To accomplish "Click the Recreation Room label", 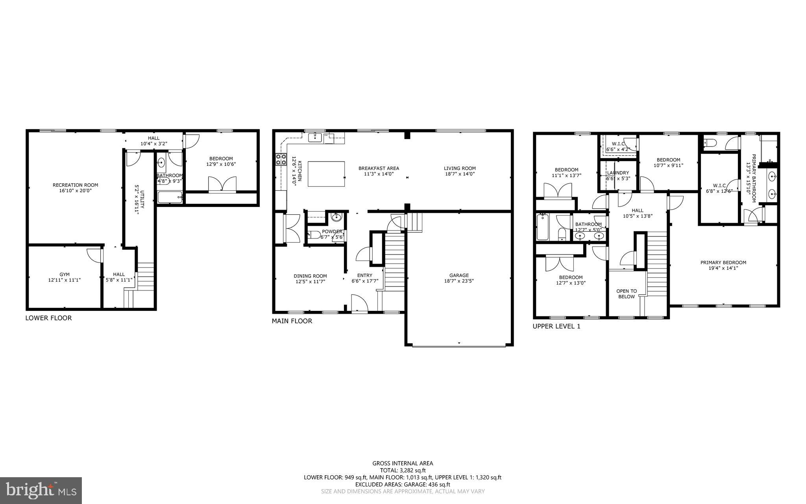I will pyautogui.click(x=75, y=185).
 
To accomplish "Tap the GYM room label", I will pyautogui.click(x=64, y=274).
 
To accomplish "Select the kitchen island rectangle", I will pyautogui.click(x=326, y=174).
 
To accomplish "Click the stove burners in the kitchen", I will pyautogui.click(x=281, y=160).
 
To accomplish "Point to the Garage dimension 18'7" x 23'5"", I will pyautogui.click(x=459, y=281).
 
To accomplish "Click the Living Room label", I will pyautogui.click(x=460, y=168).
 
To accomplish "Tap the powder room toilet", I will pyautogui.click(x=314, y=235).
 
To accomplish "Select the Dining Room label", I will pyautogui.click(x=310, y=276).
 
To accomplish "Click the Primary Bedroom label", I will pyautogui.click(x=723, y=262).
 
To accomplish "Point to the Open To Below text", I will pyautogui.click(x=626, y=294).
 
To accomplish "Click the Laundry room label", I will pyautogui.click(x=617, y=173).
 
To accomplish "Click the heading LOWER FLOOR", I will pyautogui.click(x=48, y=318).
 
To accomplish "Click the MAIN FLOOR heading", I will pyautogui.click(x=292, y=321).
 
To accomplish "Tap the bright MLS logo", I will pyautogui.click(x=41, y=490).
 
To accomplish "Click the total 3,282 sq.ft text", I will pyautogui.click(x=403, y=470).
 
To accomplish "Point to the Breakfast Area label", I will pyautogui.click(x=378, y=168).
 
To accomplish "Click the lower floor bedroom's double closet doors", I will pyautogui.click(x=223, y=184).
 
